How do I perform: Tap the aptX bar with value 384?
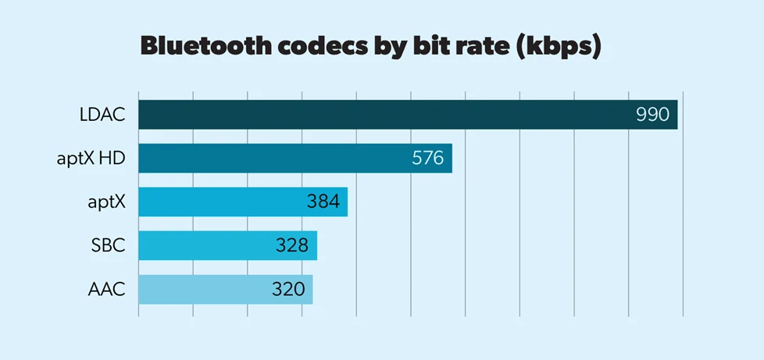tap(242, 202)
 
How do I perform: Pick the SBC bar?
tap(227, 245)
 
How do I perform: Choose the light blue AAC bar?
tap(225, 289)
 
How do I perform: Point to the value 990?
tap(652, 115)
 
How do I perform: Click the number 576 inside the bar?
tap(427, 159)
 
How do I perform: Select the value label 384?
tap(323, 202)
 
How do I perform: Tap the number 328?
tap(292, 246)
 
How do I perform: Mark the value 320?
tap(287, 290)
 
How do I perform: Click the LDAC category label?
tap(102, 115)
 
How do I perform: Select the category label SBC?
tap(109, 246)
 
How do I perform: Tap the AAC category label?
tap(107, 290)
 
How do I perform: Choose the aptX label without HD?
tap(106, 202)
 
